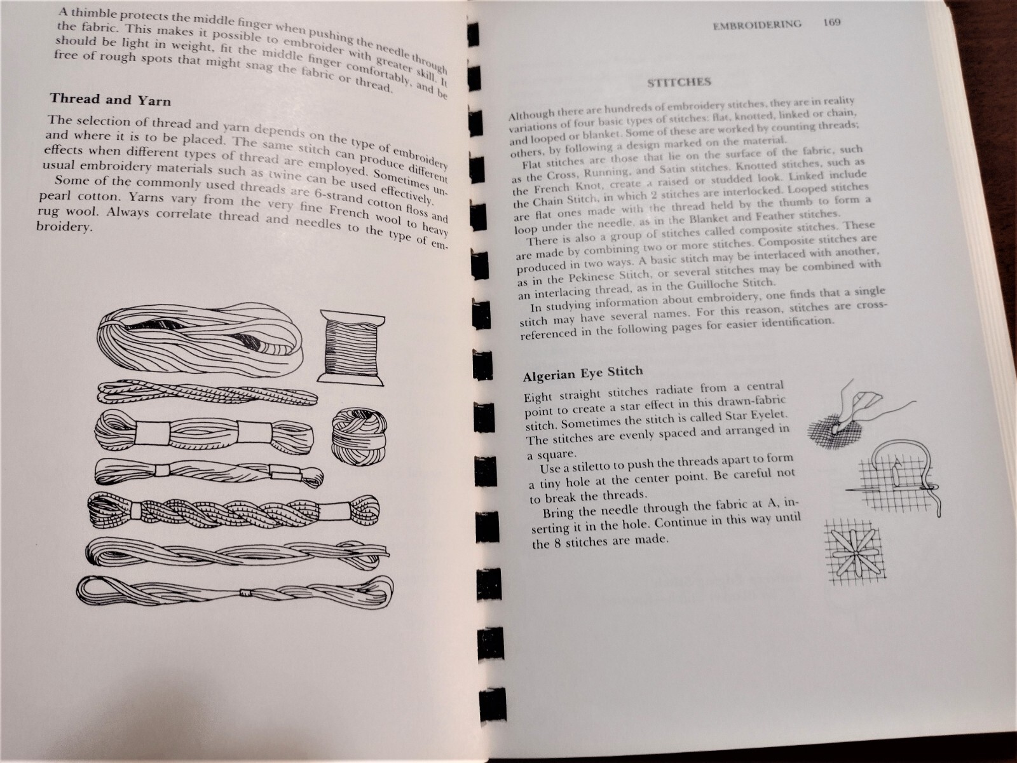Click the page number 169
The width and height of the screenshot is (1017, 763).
tap(831, 22)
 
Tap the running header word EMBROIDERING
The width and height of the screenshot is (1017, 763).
tap(757, 25)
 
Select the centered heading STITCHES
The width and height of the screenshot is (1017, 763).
tap(679, 83)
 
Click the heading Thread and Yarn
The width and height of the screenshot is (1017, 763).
tap(110, 99)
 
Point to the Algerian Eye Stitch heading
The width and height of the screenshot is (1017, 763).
tap(583, 373)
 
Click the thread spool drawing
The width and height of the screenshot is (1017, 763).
tap(352, 347)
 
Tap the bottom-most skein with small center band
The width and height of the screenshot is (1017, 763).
tap(235, 592)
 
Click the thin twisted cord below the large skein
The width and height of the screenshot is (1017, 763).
tap(207, 395)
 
